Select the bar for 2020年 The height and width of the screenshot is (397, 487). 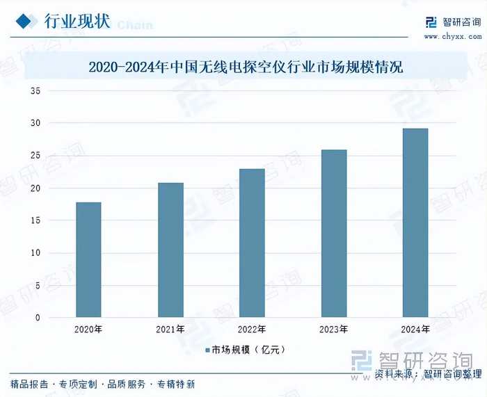point(88,259)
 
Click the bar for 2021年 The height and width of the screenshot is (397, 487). point(170,250)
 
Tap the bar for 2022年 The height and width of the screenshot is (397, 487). point(252,243)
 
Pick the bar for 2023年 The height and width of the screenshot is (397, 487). point(334,233)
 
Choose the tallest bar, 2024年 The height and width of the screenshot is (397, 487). point(415,222)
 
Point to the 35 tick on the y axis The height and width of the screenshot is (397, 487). point(35,91)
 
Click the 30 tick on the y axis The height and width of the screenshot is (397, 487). point(35,123)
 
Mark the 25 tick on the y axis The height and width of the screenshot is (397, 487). point(35,156)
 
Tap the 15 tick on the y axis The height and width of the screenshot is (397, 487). point(35,220)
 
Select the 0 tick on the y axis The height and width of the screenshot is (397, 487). point(38,318)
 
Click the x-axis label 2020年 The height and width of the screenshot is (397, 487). point(88,328)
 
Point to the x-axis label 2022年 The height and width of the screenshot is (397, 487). point(252,328)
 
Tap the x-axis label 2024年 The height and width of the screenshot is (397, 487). point(415,328)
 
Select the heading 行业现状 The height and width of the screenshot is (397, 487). point(77,21)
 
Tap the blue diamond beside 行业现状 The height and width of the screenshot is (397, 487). point(26,21)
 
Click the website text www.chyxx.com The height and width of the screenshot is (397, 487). point(452,36)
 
